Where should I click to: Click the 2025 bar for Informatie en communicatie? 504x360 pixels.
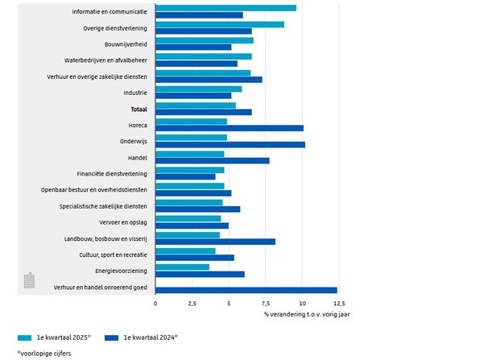click(x=225, y=8)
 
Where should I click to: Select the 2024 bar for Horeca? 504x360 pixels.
click(x=229, y=128)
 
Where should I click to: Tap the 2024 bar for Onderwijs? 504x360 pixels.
click(x=230, y=144)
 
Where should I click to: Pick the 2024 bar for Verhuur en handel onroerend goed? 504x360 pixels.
click(x=246, y=290)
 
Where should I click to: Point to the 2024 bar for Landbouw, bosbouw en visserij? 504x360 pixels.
click(x=215, y=242)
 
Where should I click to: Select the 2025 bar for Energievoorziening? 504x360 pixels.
click(x=182, y=267)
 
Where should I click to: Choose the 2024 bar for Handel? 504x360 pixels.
click(x=213, y=160)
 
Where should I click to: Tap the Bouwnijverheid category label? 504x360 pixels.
click(x=125, y=44)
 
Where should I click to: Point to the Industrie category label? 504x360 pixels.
click(x=134, y=93)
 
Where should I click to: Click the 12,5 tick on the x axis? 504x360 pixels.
click(x=339, y=304)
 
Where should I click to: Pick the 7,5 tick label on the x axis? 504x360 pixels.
click(x=266, y=304)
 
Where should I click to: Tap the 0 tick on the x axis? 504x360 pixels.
click(x=155, y=304)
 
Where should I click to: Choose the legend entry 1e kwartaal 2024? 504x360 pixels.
click(x=150, y=338)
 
